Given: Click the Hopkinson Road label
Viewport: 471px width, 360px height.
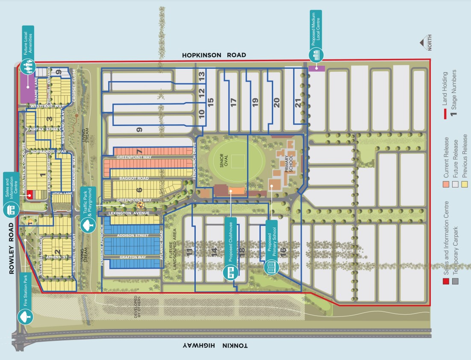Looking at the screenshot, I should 214,55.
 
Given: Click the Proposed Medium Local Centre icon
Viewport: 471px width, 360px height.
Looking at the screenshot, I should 316,54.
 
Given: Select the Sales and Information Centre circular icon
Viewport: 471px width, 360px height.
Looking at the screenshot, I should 11,210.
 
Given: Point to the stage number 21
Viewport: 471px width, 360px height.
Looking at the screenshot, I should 298,102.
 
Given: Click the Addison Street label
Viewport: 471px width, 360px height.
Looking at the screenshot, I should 133,235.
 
